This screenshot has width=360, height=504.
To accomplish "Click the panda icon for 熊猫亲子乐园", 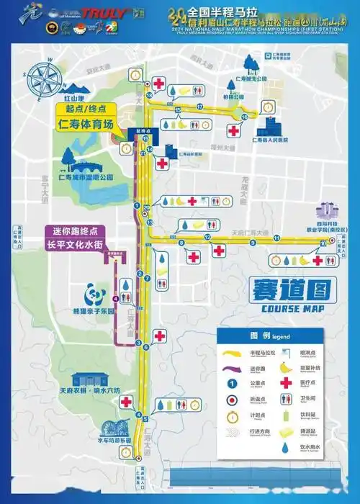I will pos(95,294).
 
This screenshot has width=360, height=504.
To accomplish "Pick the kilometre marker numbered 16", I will pos(244,117).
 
